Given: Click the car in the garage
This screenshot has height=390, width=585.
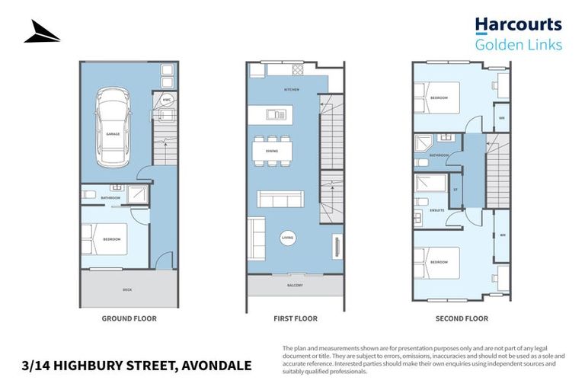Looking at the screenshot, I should [112, 127].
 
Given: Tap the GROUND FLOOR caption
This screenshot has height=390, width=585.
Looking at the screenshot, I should [129, 318].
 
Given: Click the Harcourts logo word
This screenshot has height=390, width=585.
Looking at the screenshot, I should [518, 26].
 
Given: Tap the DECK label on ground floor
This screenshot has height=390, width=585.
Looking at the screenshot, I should [127, 289].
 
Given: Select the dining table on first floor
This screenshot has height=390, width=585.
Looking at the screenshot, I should [272, 151].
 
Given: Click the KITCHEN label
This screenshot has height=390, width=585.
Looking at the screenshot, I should [292, 90].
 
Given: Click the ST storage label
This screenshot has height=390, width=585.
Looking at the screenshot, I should [456, 189].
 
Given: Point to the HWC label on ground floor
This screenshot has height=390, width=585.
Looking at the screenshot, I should [167, 99].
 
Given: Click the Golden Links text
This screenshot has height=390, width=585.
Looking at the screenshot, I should [518, 45].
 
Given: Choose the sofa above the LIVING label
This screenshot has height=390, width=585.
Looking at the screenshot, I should [281, 200].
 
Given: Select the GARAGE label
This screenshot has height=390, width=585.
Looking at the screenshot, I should [112, 133].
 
